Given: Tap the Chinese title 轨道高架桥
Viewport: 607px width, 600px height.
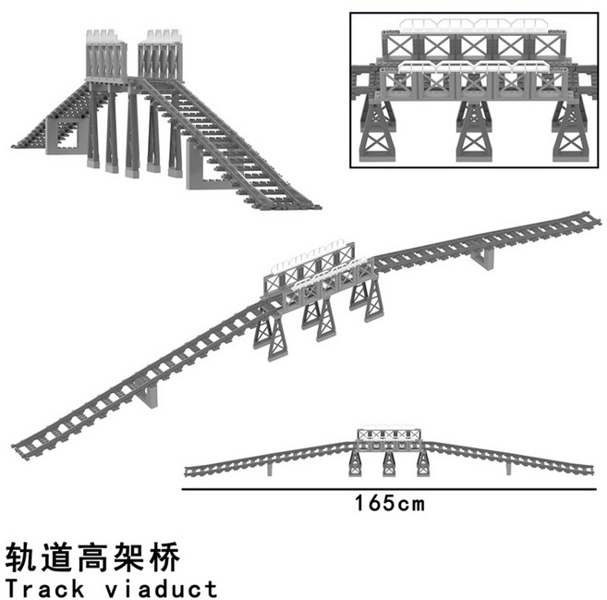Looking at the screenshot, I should (x=91, y=557).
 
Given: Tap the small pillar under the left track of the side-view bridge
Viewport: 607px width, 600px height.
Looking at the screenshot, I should (x=269, y=468).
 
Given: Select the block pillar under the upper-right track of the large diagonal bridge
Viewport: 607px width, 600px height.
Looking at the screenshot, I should (x=482, y=261).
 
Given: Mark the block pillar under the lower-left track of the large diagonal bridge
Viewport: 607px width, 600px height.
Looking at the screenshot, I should (x=151, y=397).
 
